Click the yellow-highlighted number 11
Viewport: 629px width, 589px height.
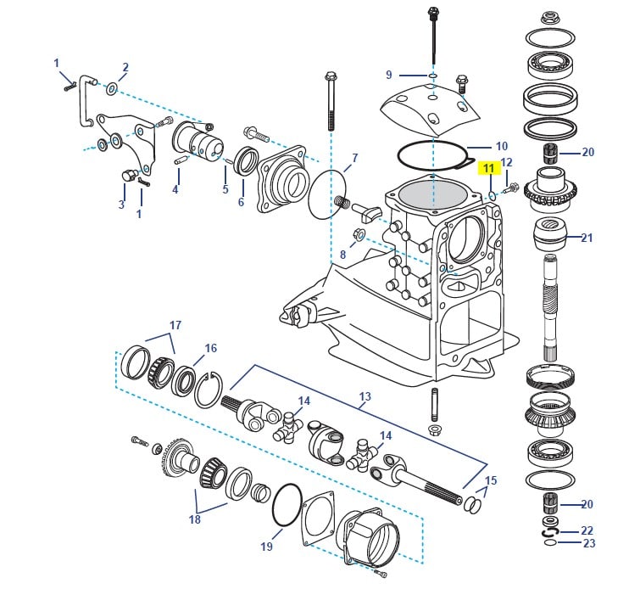[x=488, y=168]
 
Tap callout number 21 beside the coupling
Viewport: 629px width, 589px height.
[x=587, y=238]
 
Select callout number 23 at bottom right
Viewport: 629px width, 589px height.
[x=588, y=543]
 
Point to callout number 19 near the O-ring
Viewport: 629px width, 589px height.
[x=266, y=547]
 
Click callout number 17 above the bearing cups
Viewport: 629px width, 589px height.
[x=175, y=325]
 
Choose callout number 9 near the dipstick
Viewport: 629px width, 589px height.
[x=389, y=75]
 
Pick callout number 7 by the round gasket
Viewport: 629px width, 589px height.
[x=354, y=158]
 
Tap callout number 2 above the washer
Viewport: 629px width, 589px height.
[x=125, y=67]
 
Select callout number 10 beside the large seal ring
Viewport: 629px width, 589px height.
[x=501, y=146]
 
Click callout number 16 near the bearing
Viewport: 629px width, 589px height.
[x=210, y=348]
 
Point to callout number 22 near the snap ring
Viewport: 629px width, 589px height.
[x=588, y=530]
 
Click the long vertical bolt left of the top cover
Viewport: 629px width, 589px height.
[x=329, y=110]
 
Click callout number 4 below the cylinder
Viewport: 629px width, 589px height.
[x=175, y=189]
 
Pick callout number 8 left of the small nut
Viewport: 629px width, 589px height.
[x=342, y=254]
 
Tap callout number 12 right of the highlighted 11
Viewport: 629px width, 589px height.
[x=507, y=163]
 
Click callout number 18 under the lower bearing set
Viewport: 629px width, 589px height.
[x=195, y=519]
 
